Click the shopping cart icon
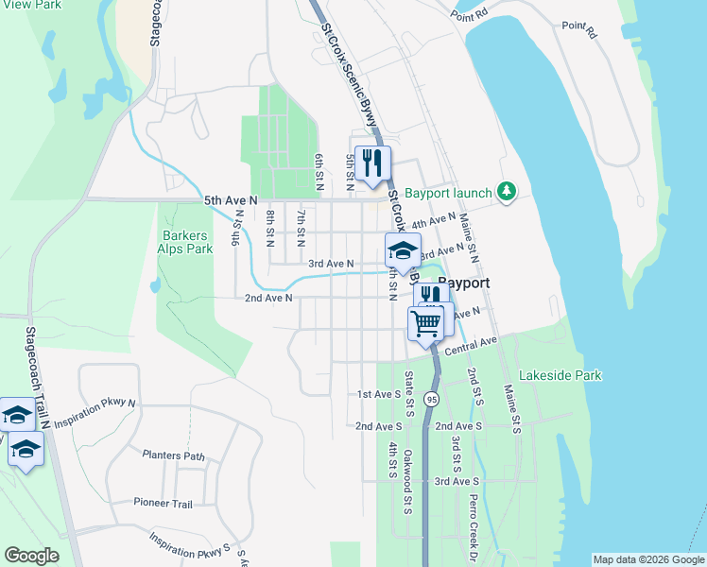[x=426, y=323]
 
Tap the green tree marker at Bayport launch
[x=508, y=192]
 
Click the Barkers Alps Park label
[x=187, y=242]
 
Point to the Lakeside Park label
[x=560, y=375]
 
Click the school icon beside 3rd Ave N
[x=403, y=250]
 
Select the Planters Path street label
[x=173, y=455]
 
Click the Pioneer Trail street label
[x=163, y=503]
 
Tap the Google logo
[x=32, y=556]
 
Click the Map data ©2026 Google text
[x=647, y=559]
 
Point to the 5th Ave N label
[x=231, y=200]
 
